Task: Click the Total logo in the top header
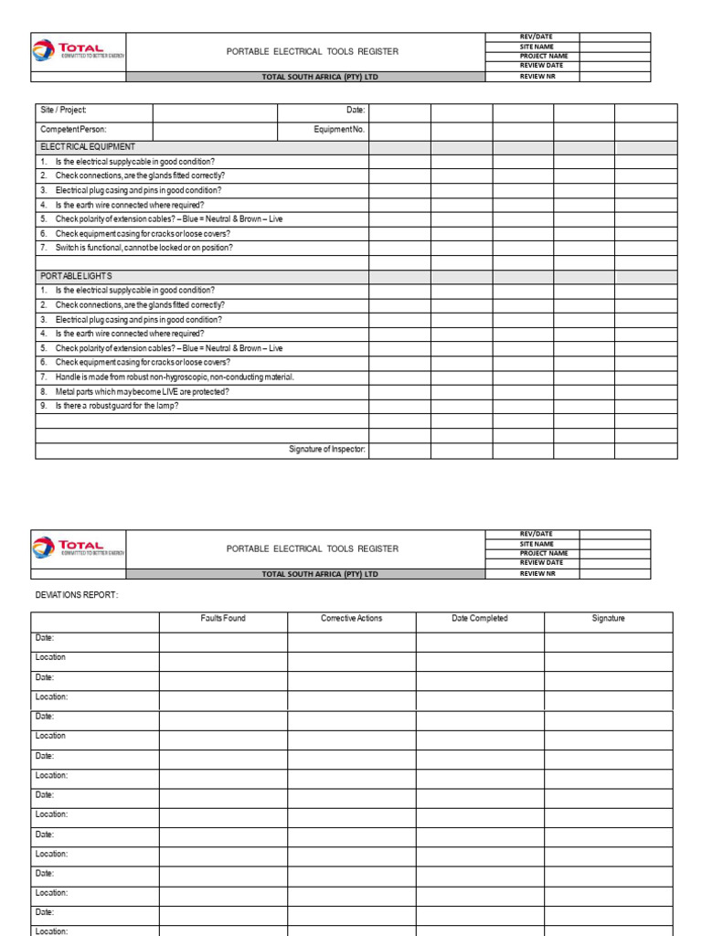click(78, 51)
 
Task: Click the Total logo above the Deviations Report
click(78, 548)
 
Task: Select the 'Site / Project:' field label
click(63, 110)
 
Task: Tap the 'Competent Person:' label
click(73, 130)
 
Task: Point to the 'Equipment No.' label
click(339, 130)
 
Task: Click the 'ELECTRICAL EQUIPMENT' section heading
click(88, 146)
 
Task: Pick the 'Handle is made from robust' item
click(174, 377)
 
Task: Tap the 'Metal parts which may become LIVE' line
click(142, 391)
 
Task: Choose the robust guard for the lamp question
click(116, 405)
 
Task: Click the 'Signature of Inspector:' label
click(327, 449)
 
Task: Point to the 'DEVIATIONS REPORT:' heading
click(77, 595)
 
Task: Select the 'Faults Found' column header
click(223, 619)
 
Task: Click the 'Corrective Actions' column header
click(352, 619)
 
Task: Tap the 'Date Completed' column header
click(480, 619)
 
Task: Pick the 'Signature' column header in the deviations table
click(608, 619)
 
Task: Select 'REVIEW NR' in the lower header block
click(537, 573)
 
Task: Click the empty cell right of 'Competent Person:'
click(215, 130)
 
